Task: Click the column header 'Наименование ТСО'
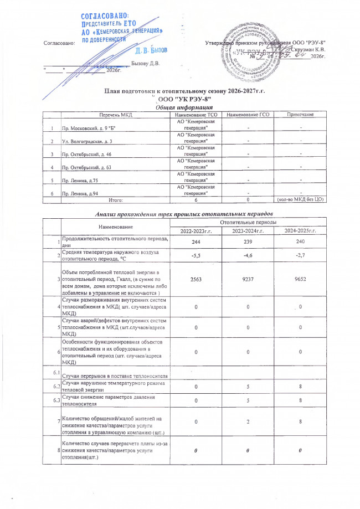click(x=191, y=114)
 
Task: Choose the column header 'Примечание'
click(x=300, y=114)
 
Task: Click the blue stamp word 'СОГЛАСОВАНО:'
click(x=105, y=17)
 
